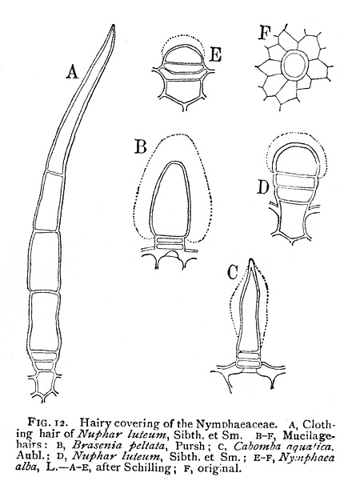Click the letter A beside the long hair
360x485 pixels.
click(x=72, y=72)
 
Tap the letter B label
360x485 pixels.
click(x=141, y=146)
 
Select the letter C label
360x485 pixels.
click(x=232, y=272)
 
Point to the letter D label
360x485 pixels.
click(x=263, y=187)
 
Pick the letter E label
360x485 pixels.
click(x=215, y=55)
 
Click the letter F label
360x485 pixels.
click(x=264, y=33)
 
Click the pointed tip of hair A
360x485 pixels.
click(x=114, y=26)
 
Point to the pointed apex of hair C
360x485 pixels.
click(x=252, y=260)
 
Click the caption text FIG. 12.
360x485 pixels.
click(x=46, y=423)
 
